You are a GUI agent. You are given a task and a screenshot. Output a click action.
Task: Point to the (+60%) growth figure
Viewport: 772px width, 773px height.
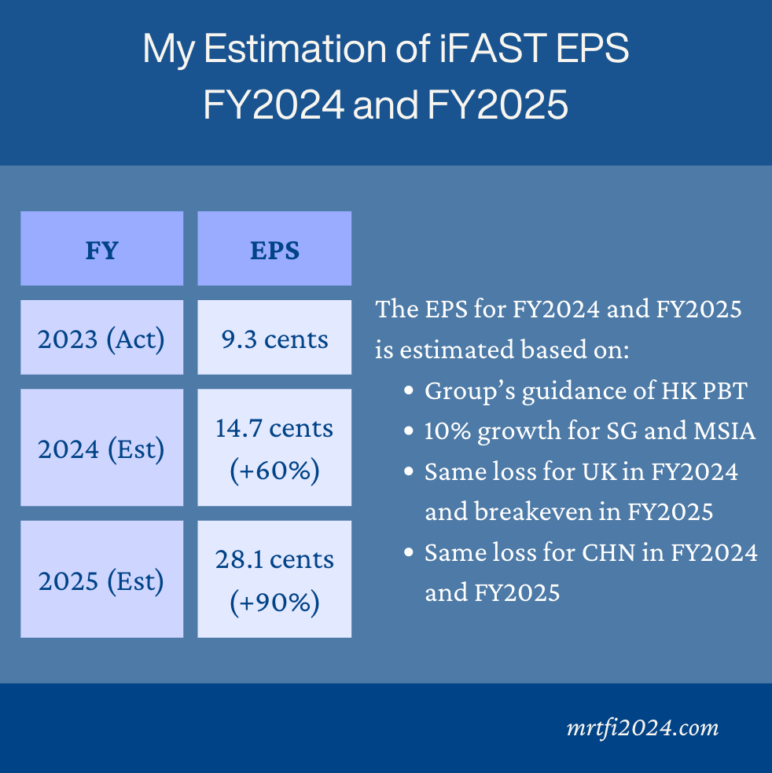pos(275,471)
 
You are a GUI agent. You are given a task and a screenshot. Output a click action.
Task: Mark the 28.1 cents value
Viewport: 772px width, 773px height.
pos(275,559)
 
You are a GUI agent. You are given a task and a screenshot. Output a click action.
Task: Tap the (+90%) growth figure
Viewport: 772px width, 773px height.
pos(275,603)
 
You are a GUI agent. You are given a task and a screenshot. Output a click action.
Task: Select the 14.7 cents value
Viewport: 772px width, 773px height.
pos(274,428)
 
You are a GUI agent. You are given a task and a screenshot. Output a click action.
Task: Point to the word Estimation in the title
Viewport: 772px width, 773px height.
pos(296,48)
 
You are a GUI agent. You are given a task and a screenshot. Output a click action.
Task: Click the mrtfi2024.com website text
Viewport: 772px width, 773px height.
pos(642,728)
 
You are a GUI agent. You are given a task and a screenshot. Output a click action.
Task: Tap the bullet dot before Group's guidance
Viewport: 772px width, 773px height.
pos(409,390)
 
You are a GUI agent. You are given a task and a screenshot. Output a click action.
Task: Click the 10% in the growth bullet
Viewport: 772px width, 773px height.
pos(447,430)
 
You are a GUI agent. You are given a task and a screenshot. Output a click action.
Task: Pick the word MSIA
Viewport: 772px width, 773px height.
pos(725,430)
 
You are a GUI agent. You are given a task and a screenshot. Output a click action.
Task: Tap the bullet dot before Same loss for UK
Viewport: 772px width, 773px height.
pos(409,471)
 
